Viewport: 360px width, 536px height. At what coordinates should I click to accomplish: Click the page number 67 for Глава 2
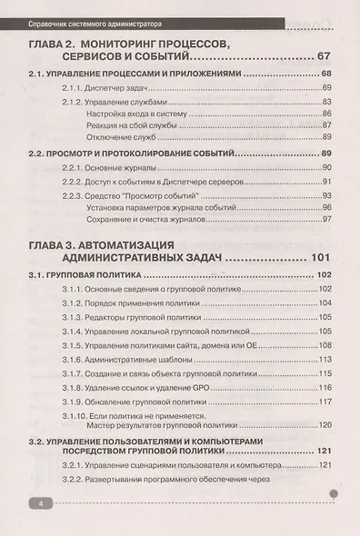click(326, 56)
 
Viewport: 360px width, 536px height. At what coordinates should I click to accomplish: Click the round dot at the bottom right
click(334, 496)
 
